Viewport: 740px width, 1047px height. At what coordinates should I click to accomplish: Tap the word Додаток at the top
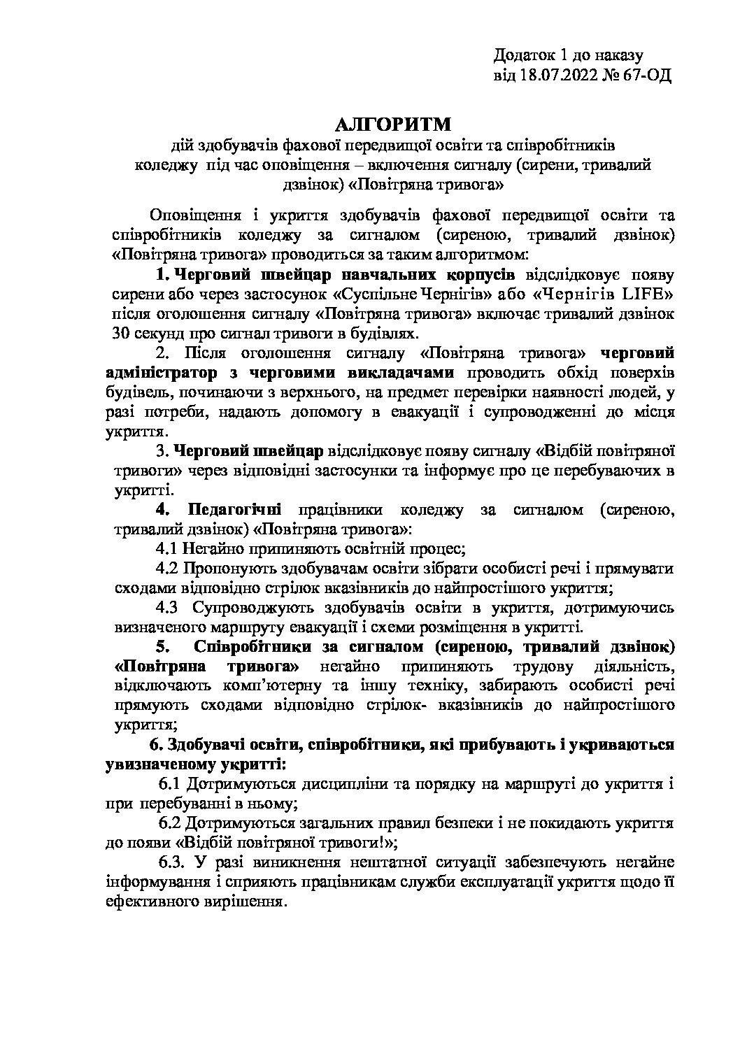pos(522,55)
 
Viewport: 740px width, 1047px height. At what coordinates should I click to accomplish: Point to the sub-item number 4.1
pos(169,548)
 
